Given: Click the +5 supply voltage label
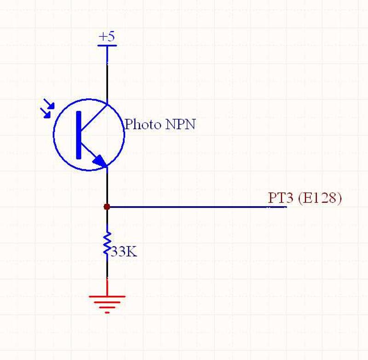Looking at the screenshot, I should coord(107,37).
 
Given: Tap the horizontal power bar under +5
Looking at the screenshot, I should coord(107,45).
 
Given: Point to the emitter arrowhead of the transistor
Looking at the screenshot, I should coord(100,161).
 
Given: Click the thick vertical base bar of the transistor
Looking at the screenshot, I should coord(79,135).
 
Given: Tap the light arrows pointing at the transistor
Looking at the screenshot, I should coord(47,109).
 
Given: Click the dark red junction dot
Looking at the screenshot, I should coord(107,207).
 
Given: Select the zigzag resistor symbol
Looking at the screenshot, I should coord(107,244).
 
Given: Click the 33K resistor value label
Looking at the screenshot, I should coord(123,252).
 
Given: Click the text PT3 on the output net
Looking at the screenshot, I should coord(281,198).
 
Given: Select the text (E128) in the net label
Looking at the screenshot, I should coord(320,198).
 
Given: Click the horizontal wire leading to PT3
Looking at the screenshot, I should coord(193,207).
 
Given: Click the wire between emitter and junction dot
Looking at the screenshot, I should coord(107,186).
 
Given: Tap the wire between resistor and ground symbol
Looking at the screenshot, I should coord(107,272).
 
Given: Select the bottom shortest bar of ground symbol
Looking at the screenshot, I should coord(107,313).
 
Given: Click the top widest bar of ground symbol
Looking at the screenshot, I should coord(107,296).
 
